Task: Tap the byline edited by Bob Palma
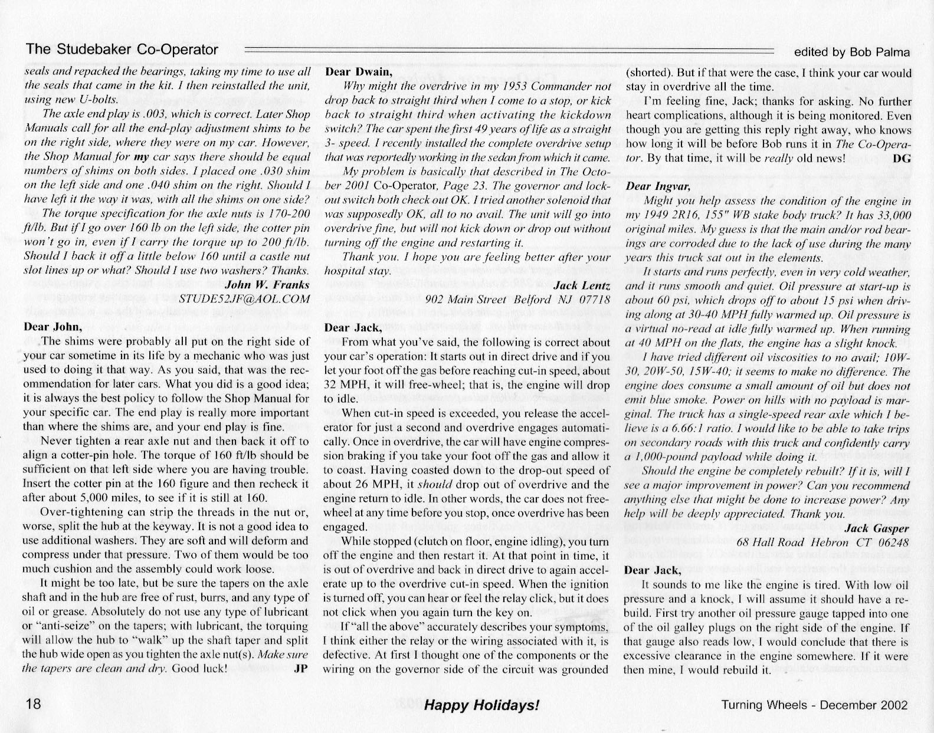pyautogui.click(x=852, y=52)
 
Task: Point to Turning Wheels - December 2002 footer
pyautogui.click(x=815, y=704)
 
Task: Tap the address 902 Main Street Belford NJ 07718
pyautogui.click(x=517, y=299)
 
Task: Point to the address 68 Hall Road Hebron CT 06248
pyautogui.click(x=823, y=542)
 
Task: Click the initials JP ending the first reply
pyautogui.click(x=301, y=668)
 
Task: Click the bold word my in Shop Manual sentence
pyautogui.click(x=140, y=157)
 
